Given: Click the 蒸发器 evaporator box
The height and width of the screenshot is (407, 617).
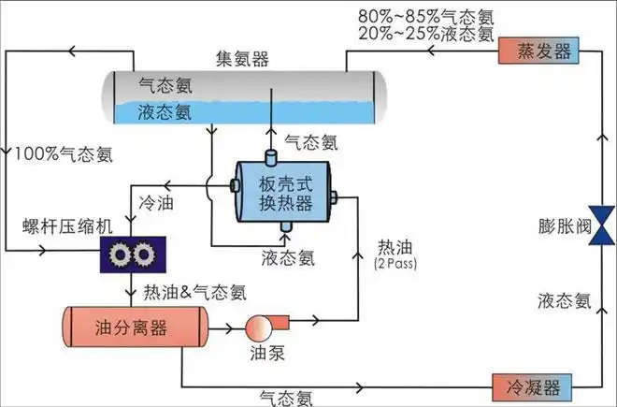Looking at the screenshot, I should (x=538, y=51).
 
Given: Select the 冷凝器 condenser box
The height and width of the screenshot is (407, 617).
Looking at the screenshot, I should (x=529, y=385).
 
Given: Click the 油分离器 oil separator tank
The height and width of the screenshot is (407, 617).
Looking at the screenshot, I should (x=134, y=328).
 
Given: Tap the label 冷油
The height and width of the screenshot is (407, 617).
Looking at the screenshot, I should (x=155, y=200).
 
